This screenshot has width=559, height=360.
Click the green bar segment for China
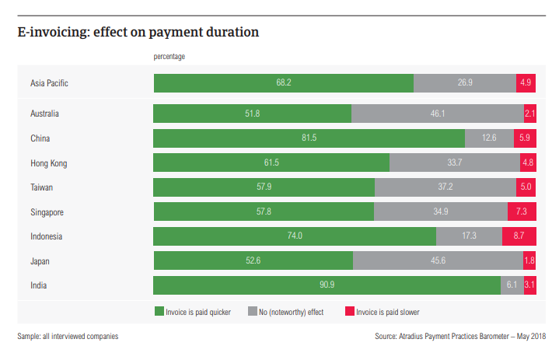tap(309, 138)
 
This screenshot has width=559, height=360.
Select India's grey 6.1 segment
tap(512, 285)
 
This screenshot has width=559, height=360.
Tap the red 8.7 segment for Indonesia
tap(519, 236)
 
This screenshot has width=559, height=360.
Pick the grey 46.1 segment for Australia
tap(437, 114)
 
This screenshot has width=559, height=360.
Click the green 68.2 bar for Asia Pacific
tap(283, 82)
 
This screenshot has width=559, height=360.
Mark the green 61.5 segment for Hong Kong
tap(271, 163)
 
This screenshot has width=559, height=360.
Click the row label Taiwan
tap(42, 187)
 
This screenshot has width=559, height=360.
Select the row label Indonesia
tap(46, 236)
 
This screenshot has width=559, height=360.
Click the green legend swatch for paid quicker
tap(158, 312)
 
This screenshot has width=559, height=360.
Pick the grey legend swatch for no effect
tap(252, 312)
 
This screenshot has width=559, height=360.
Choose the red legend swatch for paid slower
tap(350, 312)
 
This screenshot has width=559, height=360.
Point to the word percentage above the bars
tap(169, 57)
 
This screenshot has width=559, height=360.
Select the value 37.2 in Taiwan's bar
tap(445, 187)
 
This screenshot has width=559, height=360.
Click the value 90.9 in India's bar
tap(327, 285)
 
